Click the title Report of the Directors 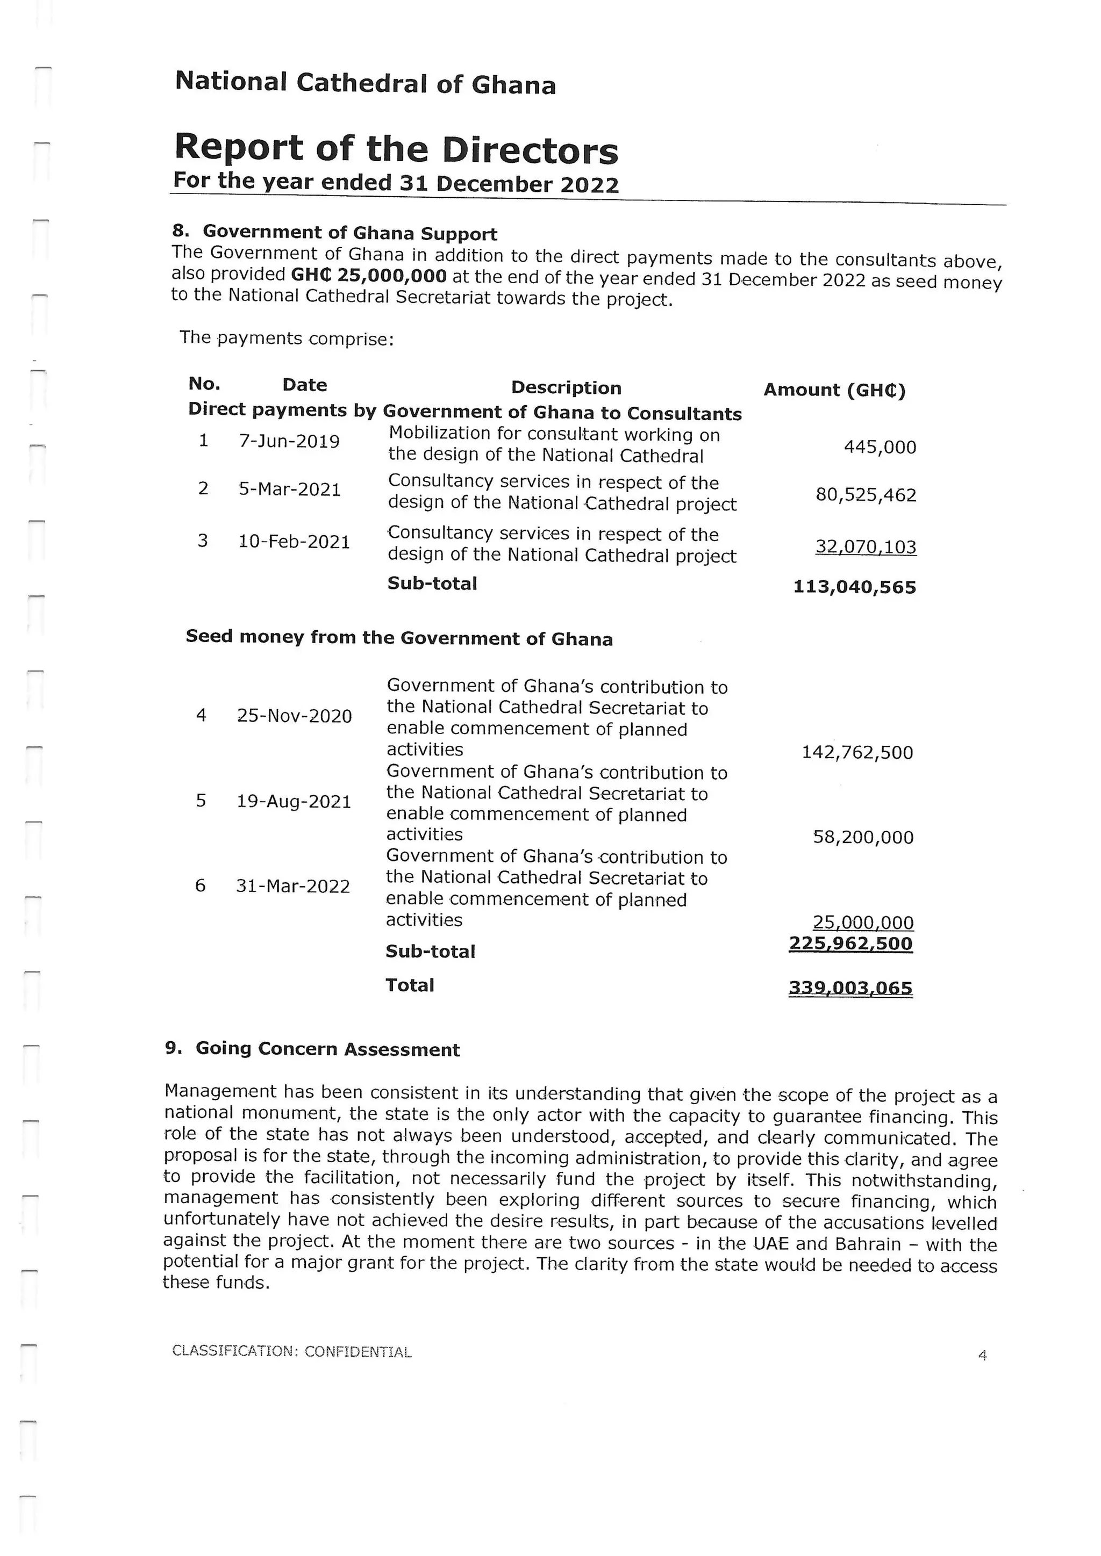pos(396,148)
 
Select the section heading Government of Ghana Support pos(350,233)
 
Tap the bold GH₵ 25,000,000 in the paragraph pos(369,275)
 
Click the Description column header pos(566,387)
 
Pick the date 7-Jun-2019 pos(289,442)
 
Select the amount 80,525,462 pos(866,495)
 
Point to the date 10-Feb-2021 pos(294,542)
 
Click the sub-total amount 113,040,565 pos(854,587)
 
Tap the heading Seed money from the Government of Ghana pos(399,638)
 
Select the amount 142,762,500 pos(857,752)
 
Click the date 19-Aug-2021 pos(294,802)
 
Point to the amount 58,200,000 pos(863,837)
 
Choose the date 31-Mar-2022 pos(293,886)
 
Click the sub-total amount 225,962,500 pos(851,943)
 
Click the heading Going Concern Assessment pos(327,1049)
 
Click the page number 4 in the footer pos(982,1356)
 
